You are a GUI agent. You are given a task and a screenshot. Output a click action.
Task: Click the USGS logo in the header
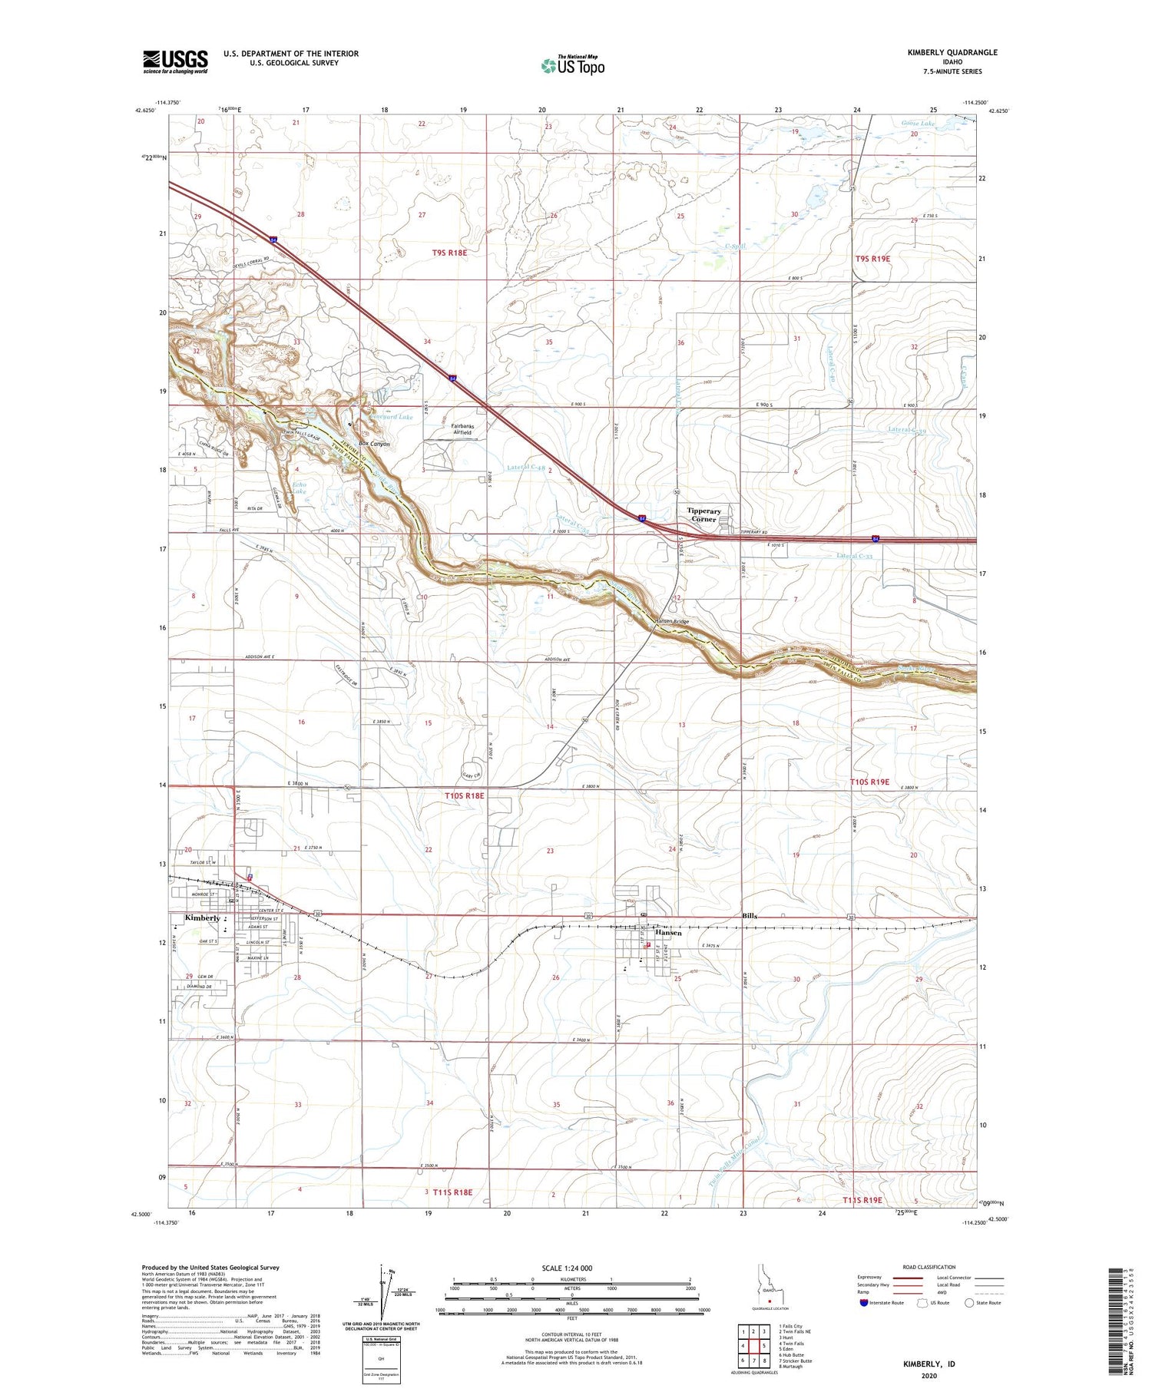point(175,61)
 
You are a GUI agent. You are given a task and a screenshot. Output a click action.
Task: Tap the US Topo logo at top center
point(573,65)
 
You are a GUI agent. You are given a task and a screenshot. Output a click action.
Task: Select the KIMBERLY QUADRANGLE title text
point(952,52)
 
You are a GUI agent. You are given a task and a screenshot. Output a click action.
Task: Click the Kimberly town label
point(202,918)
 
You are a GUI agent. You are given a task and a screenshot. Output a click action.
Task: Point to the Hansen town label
point(668,933)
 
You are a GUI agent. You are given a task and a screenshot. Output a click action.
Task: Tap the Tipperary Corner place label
point(703,515)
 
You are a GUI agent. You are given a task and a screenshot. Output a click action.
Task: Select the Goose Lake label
point(918,123)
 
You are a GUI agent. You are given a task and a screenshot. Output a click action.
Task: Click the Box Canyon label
point(375,444)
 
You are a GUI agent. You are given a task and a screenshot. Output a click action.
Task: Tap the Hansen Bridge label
point(671,621)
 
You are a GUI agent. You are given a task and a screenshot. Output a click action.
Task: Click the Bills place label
point(750,916)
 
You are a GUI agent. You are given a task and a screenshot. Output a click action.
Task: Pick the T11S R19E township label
point(862,1199)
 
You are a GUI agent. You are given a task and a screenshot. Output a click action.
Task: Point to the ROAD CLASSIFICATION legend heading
point(929,1267)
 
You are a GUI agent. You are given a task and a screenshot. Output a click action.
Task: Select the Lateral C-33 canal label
point(855,556)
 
